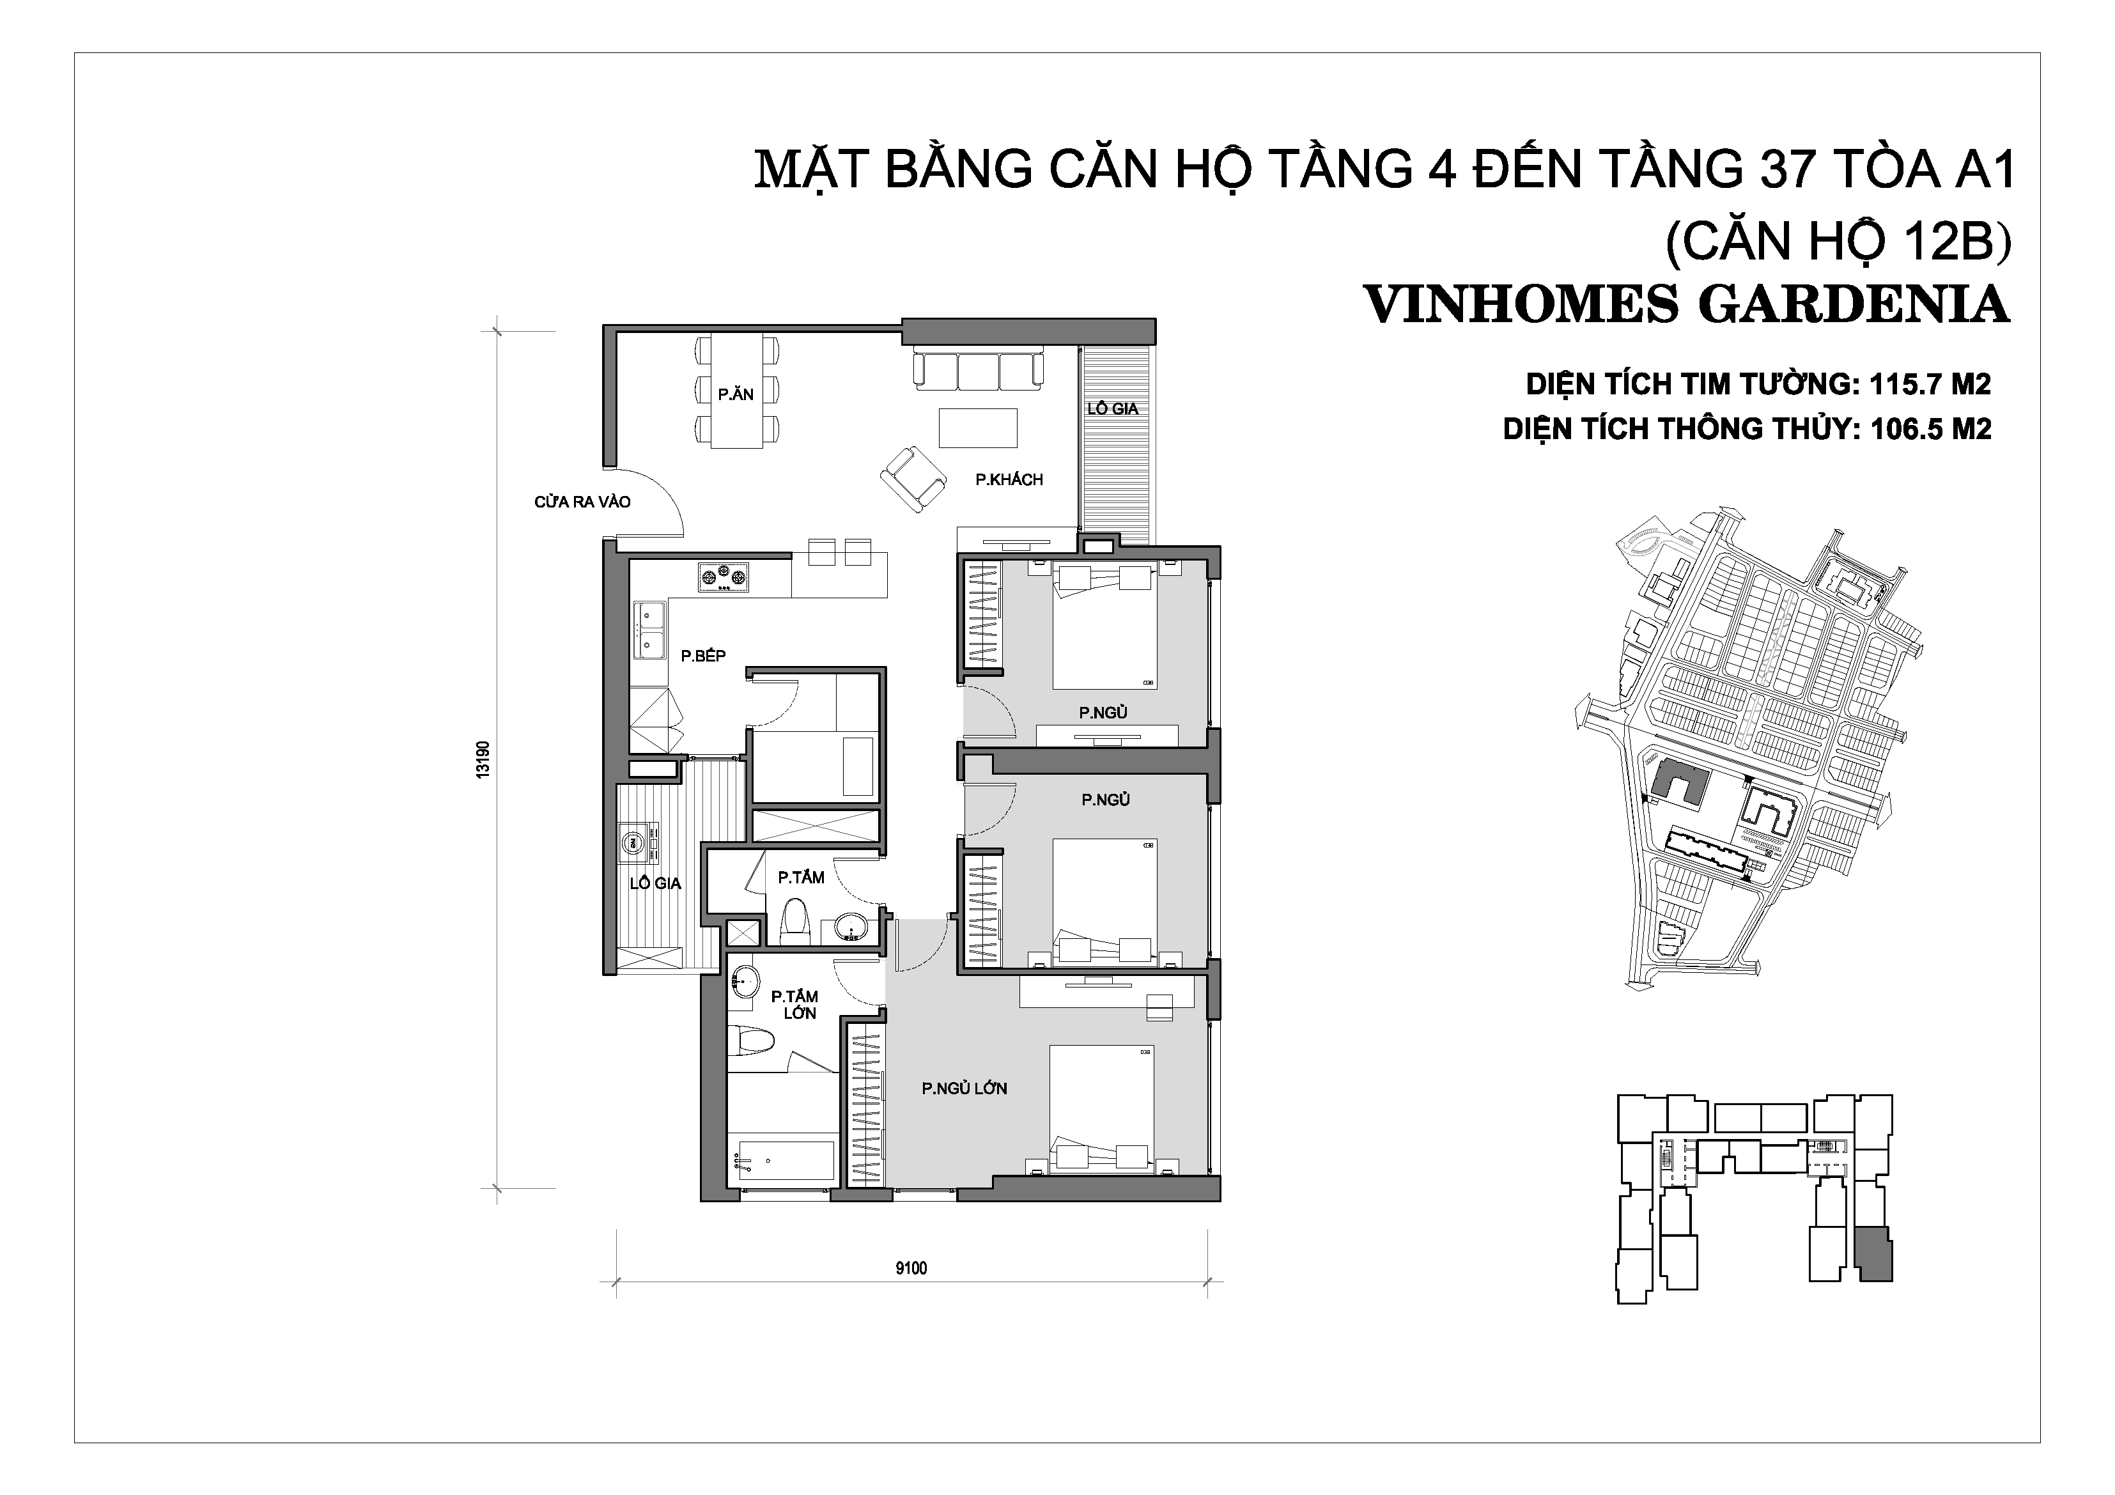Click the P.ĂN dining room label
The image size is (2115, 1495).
(x=736, y=394)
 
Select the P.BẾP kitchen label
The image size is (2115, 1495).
(x=703, y=655)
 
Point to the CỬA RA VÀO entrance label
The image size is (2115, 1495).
(x=582, y=502)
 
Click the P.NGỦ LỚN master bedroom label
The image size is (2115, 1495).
(x=965, y=1088)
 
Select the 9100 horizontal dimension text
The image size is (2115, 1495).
(x=911, y=1268)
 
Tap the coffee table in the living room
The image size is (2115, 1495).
(x=979, y=428)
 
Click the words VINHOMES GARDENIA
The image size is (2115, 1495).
(x=1685, y=305)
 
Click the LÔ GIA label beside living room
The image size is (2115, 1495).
(x=1113, y=409)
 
